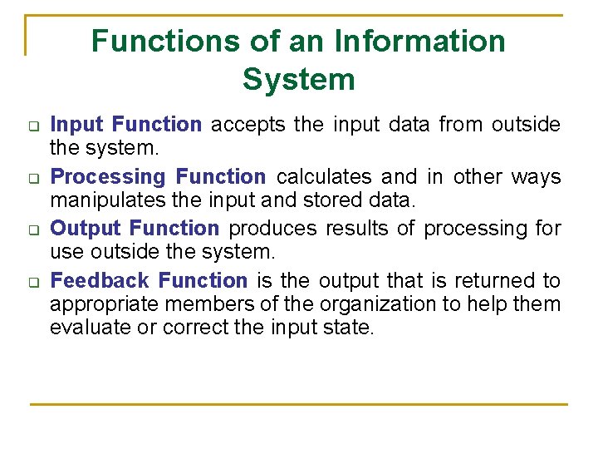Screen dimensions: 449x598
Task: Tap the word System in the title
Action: [299, 80]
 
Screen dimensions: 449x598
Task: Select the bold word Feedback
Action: [100, 281]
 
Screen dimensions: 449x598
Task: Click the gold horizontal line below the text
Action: [299, 404]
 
